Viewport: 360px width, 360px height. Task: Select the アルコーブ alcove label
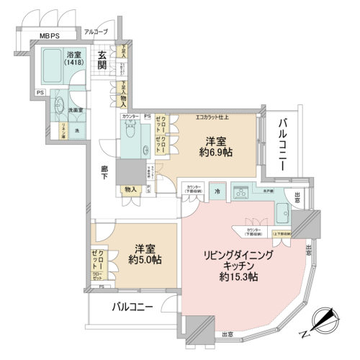[95, 32]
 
